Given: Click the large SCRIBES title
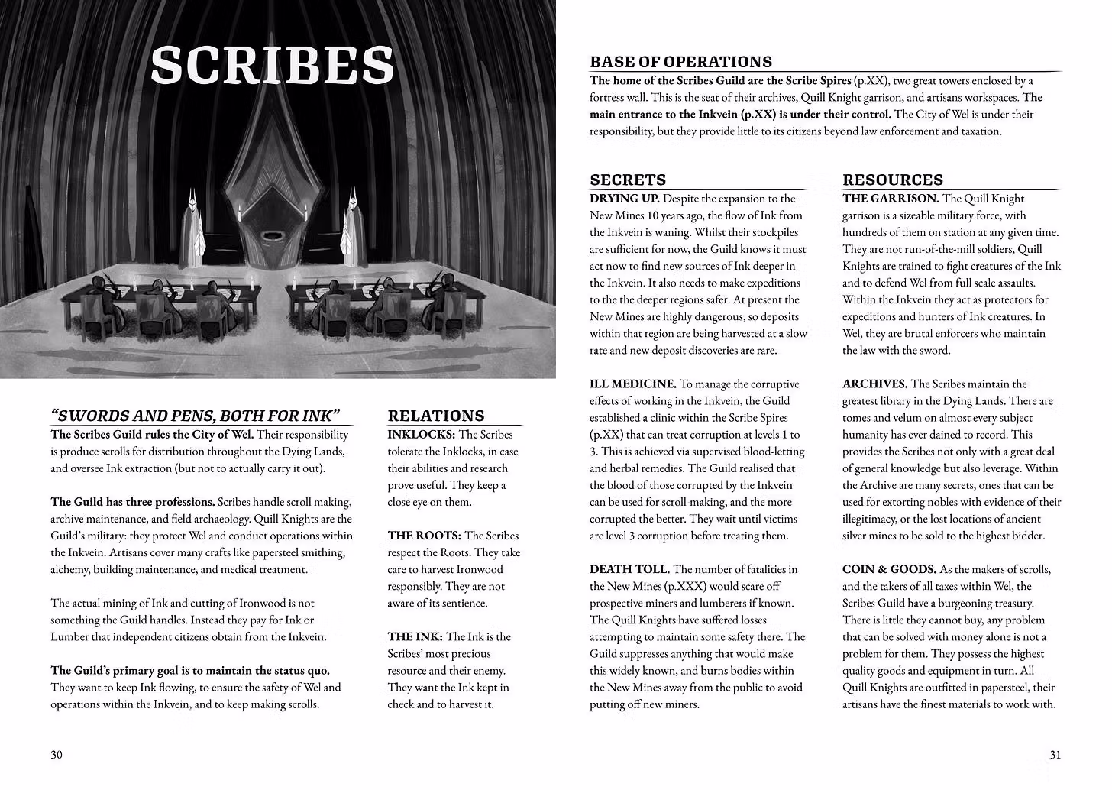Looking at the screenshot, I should coord(272,66).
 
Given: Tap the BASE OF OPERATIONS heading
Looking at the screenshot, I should coord(680,62).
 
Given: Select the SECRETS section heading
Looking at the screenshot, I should coord(628,180).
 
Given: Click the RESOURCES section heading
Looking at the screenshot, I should coord(893,180).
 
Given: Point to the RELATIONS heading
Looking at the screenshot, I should coord(436,416).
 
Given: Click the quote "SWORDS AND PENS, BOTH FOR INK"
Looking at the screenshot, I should coord(196,416).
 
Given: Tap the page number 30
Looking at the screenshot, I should coord(57,755).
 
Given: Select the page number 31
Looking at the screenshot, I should coord(1055,755).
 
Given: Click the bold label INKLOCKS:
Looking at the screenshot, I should coord(422,435).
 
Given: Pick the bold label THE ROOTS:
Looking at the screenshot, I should coord(424,536).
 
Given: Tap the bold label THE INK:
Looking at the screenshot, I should coord(415,636).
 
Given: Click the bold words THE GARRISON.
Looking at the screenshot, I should coord(890,199).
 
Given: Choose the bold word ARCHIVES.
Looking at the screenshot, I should coord(874,384).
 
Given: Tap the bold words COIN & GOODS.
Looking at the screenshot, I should coord(889,569).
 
